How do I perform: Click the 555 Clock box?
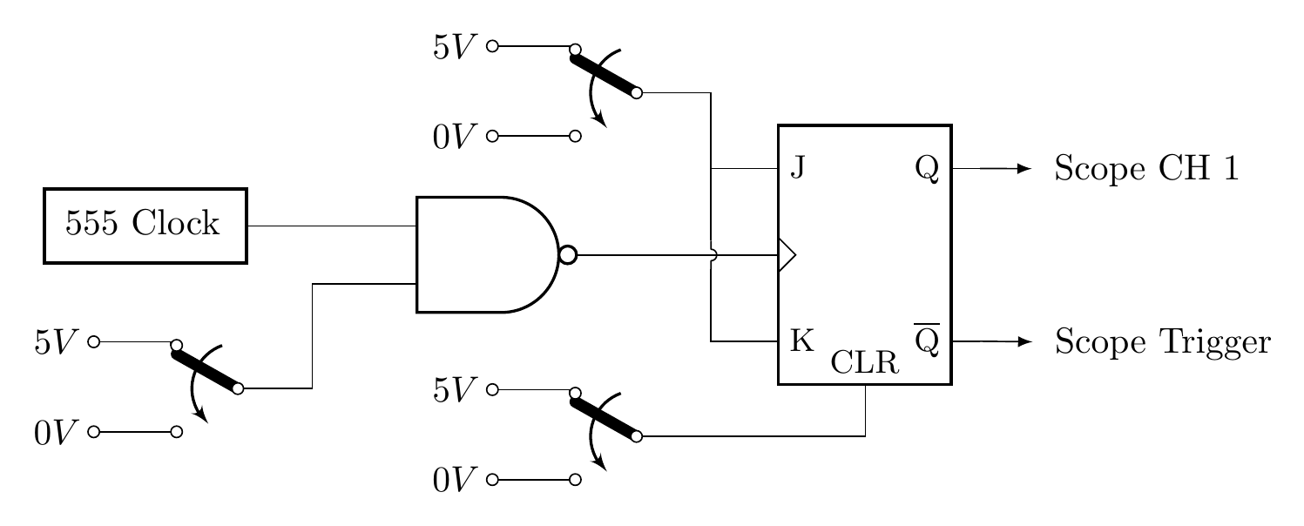(145, 225)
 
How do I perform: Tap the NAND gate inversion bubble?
(567, 255)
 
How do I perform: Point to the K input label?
(801, 341)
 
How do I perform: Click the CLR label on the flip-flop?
(864, 362)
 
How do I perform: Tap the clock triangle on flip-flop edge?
(786, 255)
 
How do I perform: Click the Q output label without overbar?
(927, 167)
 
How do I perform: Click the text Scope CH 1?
(1145, 168)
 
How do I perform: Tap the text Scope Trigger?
(1162, 342)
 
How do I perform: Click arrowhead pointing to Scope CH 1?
(1024, 168)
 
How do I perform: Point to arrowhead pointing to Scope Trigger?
(1024, 341)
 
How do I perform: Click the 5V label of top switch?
(454, 47)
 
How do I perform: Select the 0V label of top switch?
(454, 137)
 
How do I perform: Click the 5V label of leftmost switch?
(56, 343)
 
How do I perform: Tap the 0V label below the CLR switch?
(454, 480)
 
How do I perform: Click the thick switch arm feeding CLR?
(605, 416)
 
